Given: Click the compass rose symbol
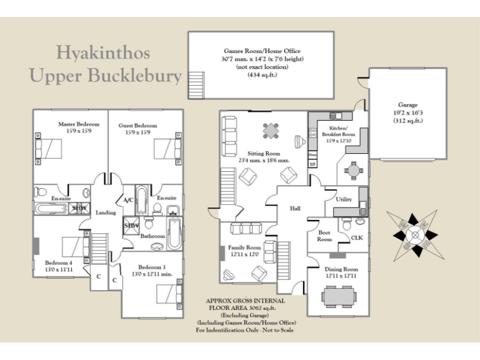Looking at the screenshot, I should (x=413, y=234).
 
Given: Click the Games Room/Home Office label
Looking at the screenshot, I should (x=262, y=51).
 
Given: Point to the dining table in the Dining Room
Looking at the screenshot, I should (x=339, y=296).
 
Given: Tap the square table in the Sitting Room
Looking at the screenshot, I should (x=271, y=131).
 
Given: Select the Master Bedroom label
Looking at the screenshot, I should (x=76, y=124).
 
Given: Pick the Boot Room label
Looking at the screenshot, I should (x=324, y=236).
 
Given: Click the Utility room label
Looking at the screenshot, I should (x=344, y=200).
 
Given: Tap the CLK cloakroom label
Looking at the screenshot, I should (x=357, y=237).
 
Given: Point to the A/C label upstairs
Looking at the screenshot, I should (x=128, y=200).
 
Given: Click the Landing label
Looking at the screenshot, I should (x=106, y=212).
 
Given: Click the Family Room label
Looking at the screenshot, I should (x=244, y=247).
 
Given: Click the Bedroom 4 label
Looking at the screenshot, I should (x=59, y=263).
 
